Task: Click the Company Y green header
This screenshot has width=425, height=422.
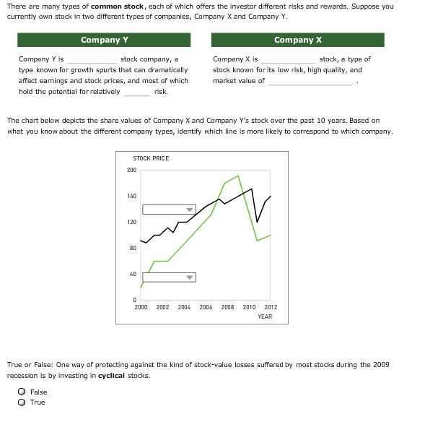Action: pos(101,40)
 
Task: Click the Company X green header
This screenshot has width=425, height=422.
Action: pos(298,40)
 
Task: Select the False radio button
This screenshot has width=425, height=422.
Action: pos(22,392)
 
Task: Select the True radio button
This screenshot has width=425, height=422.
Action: pos(22,402)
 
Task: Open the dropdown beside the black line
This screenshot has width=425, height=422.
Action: pos(170,210)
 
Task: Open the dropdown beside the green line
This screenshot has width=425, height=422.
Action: pos(170,277)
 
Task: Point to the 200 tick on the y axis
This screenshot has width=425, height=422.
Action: pos(131,170)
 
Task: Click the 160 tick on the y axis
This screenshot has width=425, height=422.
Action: pos(131,196)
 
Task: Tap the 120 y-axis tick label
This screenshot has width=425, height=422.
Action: pos(131,222)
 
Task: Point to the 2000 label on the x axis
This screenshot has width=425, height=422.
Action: pos(141,307)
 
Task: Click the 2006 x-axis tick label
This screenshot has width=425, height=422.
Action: pos(206,307)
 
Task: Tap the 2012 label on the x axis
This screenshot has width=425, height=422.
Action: pos(271,307)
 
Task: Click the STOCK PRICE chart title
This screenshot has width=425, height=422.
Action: pos(151,158)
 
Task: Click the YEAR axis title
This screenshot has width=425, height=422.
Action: pos(265,316)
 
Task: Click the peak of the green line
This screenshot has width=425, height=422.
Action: pos(238,176)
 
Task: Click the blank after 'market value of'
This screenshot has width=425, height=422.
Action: pos(311,81)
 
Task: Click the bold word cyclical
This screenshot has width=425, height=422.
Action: pos(111,376)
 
